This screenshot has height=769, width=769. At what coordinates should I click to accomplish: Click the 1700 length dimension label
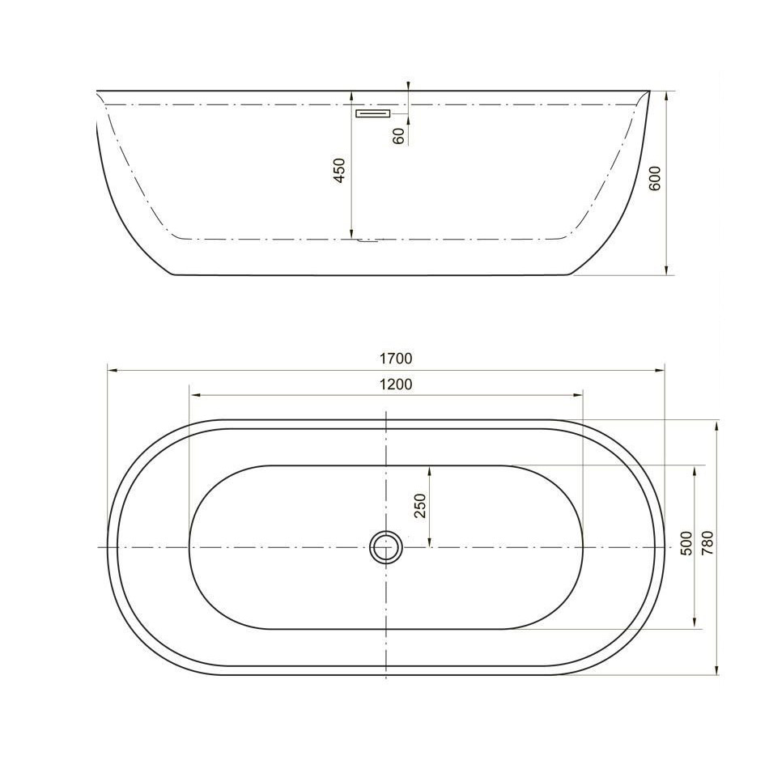tap(396, 359)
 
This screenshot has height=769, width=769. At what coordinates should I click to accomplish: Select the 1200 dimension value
tap(396, 384)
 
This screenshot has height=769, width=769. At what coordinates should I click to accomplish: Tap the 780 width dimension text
tap(707, 543)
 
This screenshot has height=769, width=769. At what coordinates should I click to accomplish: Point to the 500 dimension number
tap(686, 543)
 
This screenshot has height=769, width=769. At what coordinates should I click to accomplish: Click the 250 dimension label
tap(421, 506)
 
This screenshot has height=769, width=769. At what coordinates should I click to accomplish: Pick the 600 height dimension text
tap(655, 178)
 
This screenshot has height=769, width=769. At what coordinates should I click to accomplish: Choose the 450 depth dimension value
tap(339, 170)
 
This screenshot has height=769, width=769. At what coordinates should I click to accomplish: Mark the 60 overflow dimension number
tap(399, 136)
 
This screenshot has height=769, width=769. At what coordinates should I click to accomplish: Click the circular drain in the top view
tap(386, 546)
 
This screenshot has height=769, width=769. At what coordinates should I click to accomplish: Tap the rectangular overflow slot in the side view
tap(372, 113)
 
